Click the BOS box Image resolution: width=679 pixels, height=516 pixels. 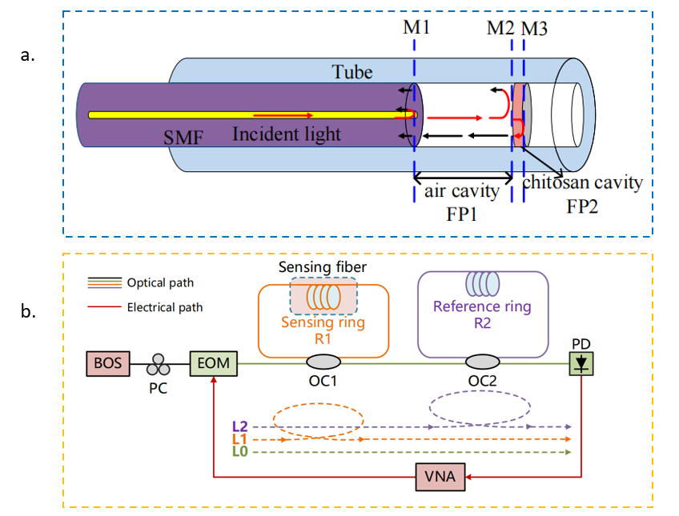[108, 363]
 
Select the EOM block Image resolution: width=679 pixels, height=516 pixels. [214, 363]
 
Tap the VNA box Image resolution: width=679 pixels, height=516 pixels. [440, 477]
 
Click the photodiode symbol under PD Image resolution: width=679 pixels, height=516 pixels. [581, 364]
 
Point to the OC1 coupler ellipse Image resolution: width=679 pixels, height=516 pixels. [323, 362]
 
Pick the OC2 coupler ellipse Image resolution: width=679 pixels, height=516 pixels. [482, 362]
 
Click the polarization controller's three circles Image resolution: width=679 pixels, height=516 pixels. [158, 365]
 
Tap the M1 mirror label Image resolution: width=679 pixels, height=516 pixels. [416, 27]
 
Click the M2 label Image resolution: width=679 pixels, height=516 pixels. [500, 28]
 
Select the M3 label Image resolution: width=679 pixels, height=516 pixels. [534, 29]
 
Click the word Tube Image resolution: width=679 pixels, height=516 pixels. [352, 72]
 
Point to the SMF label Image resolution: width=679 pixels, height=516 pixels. [183, 138]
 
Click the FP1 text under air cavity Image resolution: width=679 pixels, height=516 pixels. [462, 214]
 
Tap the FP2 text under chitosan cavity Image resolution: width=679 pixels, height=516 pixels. [582, 206]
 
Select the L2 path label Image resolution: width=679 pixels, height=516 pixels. [240, 426]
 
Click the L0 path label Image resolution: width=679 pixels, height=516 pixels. [240, 451]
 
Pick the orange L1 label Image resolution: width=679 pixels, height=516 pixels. [240, 439]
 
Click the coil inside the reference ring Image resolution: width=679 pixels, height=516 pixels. [482, 284]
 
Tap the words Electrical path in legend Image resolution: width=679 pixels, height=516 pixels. [165, 307]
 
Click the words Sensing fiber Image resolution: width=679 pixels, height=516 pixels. [323, 267]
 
